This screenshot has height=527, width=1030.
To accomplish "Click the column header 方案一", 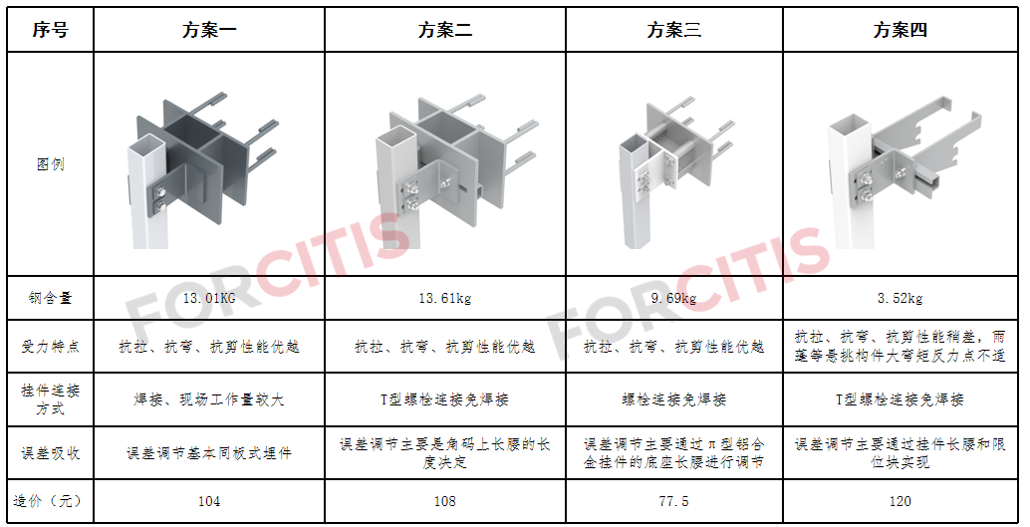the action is tap(209, 30).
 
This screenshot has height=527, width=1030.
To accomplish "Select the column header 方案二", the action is tap(444, 30).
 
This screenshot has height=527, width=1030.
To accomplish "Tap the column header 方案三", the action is tap(674, 30).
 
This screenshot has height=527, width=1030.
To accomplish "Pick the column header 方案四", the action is tap(900, 30).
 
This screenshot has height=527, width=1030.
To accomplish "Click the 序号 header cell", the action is tap(51, 30).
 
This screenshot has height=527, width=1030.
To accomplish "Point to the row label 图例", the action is tap(51, 164).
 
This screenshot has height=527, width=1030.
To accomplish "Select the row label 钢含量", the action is tap(51, 298).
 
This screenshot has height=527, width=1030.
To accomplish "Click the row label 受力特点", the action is tap(51, 347).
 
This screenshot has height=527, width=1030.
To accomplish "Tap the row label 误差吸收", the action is tap(51, 453).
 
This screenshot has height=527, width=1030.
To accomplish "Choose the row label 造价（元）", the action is tap(47, 501).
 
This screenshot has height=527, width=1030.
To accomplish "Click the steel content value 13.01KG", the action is tap(209, 298).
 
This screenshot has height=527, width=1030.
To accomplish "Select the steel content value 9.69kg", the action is tap(674, 298).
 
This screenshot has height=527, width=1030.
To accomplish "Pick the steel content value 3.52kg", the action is tap(900, 298).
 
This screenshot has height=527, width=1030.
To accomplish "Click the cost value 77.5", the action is tap(674, 502).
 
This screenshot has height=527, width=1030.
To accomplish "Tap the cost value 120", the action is tap(900, 502).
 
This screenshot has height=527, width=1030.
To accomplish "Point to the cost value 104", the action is tap(209, 502).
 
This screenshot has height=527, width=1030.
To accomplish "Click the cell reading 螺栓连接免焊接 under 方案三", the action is tap(674, 399).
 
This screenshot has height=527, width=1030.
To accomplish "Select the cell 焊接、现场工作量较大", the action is tap(209, 399).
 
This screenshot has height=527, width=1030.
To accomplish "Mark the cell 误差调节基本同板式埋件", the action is tap(209, 453).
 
